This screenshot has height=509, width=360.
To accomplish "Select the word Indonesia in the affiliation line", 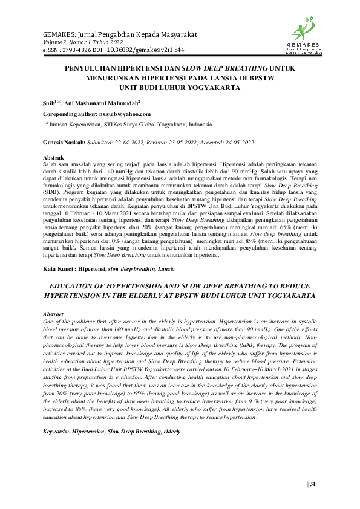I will tap(197, 125).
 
